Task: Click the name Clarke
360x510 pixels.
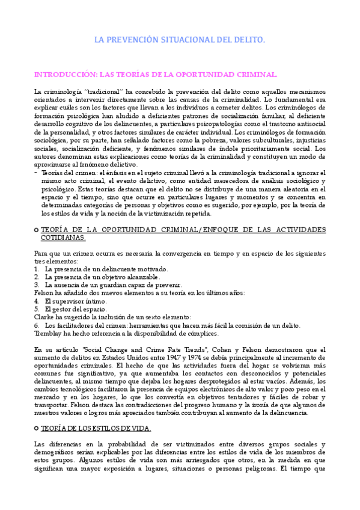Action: point(44,317)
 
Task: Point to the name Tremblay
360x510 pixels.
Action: point(50,333)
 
